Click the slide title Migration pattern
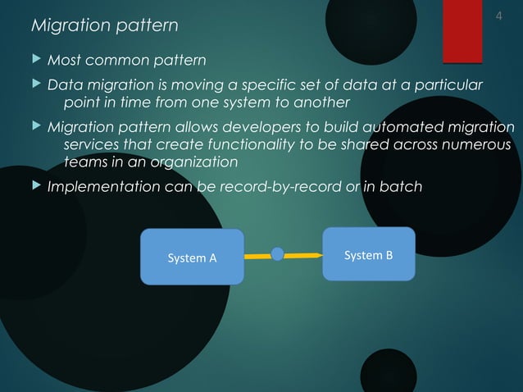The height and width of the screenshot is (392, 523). tap(104, 26)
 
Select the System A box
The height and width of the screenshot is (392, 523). tap(192, 258)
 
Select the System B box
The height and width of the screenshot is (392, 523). tap(368, 255)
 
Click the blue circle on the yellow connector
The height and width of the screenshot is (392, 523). tap(277, 255)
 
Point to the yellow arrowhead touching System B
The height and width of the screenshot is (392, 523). tap(317, 255)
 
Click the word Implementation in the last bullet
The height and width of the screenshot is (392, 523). tap(102, 187)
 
